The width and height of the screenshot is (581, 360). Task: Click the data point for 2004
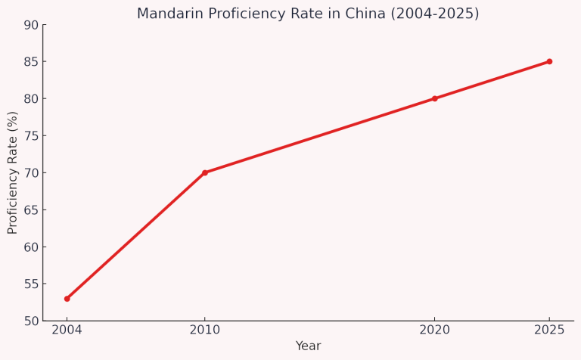tap(67, 299)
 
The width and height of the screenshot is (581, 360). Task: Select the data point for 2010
tap(205, 172)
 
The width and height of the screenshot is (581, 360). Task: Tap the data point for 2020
tap(434, 98)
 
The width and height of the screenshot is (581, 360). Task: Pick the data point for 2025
tap(549, 61)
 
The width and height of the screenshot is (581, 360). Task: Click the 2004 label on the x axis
tap(67, 331)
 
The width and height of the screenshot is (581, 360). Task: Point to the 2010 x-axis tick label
tap(205, 331)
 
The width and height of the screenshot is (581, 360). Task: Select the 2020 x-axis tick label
tap(434, 331)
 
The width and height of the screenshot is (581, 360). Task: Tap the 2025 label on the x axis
tap(549, 331)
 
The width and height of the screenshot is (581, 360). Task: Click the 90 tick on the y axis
tap(30, 25)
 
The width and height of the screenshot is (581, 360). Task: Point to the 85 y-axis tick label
tap(30, 62)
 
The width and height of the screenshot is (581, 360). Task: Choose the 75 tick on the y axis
tap(30, 136)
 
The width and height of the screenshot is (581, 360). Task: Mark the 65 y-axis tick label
tap(30, 210)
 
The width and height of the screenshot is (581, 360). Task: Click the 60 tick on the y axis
tap(30, 247)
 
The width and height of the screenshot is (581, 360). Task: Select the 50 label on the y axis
tap(30, 321)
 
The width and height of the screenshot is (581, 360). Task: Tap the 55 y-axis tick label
tap(30, 284)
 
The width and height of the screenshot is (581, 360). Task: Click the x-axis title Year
tap(308, 346)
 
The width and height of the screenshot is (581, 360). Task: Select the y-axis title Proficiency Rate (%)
tap(13, 172)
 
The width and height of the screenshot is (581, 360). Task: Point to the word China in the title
tap(377, 14)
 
